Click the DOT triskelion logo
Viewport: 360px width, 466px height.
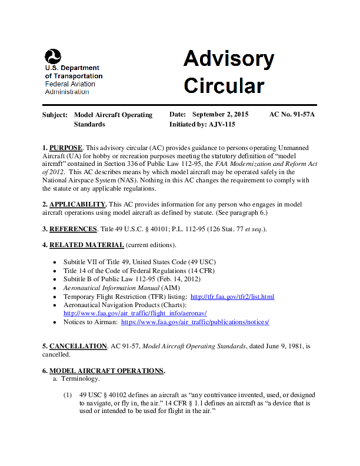point(52,56)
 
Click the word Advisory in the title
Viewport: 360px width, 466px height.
point(228,59)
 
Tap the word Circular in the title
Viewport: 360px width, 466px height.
point(224,86)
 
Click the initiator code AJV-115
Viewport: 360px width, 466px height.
point(222,124)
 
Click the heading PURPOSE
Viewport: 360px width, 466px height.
point(65,147)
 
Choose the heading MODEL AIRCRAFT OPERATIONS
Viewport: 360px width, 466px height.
point(106,371)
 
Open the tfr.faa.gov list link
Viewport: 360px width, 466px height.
point(232,297)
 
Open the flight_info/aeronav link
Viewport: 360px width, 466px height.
point(135,314)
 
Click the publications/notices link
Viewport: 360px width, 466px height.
point(195,322)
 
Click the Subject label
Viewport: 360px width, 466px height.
point(55,114)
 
